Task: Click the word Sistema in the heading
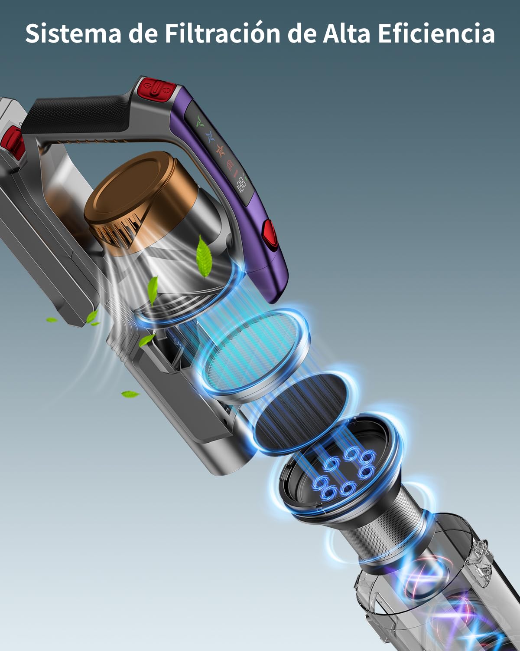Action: pos(73,33)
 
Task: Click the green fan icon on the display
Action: pos(200,122)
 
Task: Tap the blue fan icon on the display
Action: pos(210,136)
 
